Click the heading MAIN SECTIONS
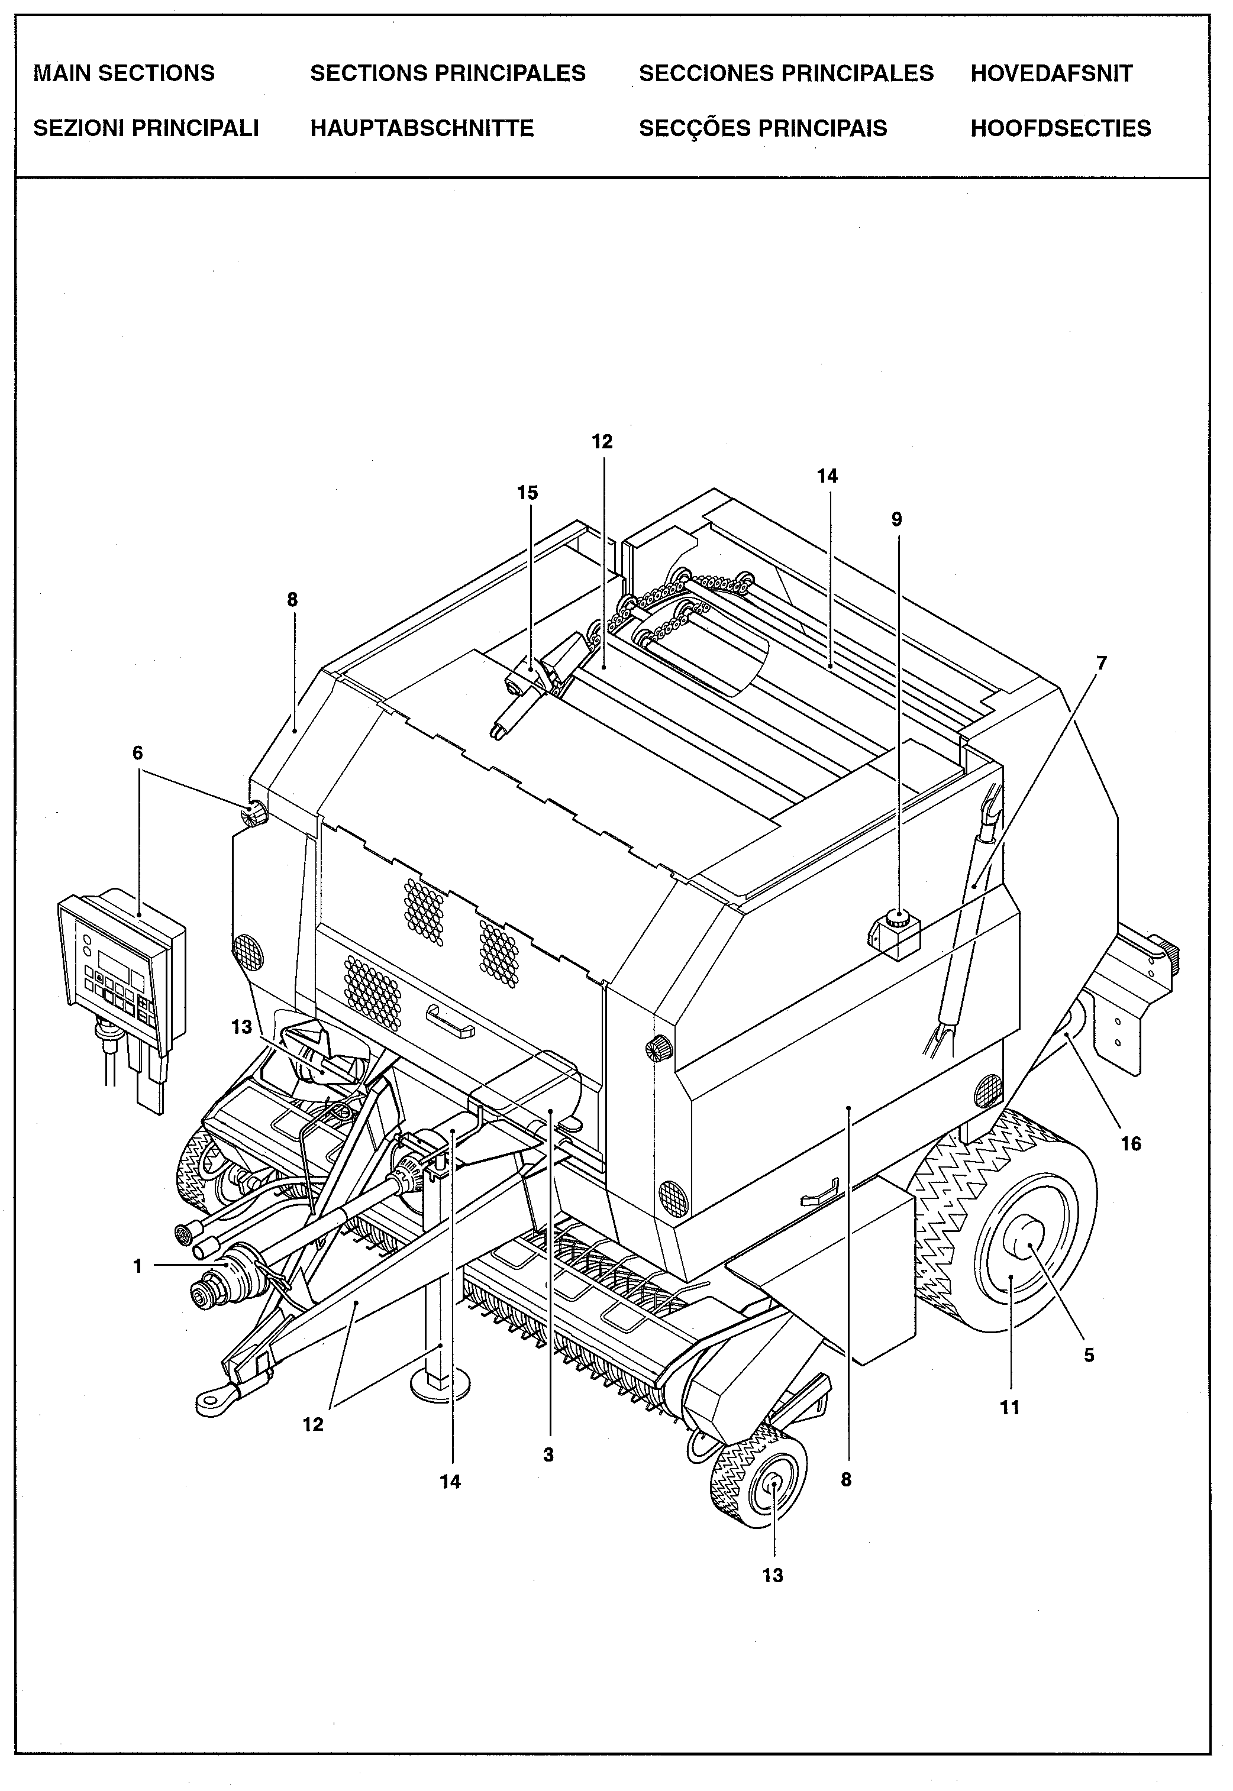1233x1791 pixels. [124, 73]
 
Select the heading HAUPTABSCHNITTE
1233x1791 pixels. [422, 128]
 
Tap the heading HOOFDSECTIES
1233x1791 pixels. [1060, 128]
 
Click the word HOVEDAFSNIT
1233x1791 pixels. [1051, 73]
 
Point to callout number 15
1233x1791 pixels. [528, 493]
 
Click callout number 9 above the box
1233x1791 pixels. [896, 520]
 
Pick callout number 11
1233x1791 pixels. [1010, 1407]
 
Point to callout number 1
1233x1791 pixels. [137, 1266]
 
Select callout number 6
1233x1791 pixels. [137, 753]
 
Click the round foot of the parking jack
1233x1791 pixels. [439, 1384]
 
